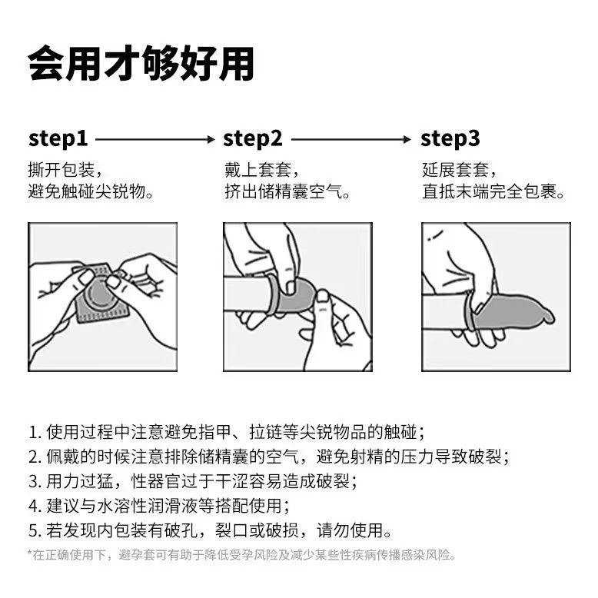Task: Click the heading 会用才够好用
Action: tap(141, 63)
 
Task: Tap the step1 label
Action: tap(58, 139)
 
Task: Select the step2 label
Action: tap(252, 139)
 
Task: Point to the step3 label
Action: tap(450, 139)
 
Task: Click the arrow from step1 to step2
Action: tap(155, 139)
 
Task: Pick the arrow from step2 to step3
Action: tap(351, 139)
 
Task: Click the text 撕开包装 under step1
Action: tap(61, 170)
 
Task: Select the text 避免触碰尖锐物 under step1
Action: tap(87, 191)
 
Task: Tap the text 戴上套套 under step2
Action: tap(257, 170)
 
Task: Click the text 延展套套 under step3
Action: tap(455, 170)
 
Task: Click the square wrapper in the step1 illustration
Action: tap(100, 294)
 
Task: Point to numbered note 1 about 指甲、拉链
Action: tap(227, 432)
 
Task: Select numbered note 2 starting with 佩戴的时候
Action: tap(269, 457)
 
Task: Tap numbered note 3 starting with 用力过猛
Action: tap(193, 481)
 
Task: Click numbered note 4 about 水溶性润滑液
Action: tap(159, 506)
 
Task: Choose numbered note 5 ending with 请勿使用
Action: tap(210, 530)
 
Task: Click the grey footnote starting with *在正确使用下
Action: tap(242, 554)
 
